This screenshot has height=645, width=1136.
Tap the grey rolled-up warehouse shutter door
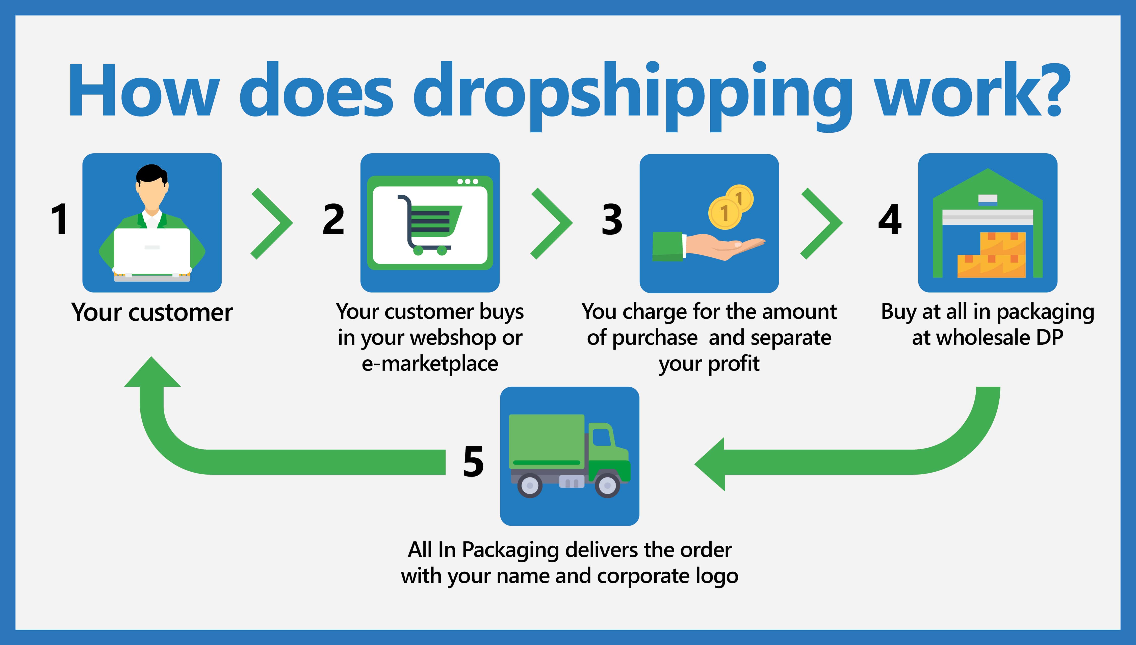tap(988, 217)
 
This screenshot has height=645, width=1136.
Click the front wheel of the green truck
tap(607, 486)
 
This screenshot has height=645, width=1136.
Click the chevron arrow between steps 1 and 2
tap(271, 223)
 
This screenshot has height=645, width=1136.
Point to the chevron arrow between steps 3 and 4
tap(821, 223)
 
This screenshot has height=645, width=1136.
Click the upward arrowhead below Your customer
tap(152, 372)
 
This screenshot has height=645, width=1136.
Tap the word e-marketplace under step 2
tap(430, 363)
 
